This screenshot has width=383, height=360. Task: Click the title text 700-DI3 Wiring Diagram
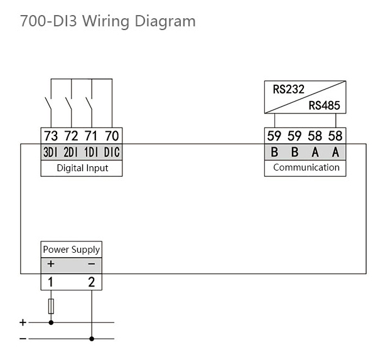(107, 21)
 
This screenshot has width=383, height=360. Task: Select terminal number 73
(51, 136)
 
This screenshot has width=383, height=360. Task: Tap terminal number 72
(71, 136)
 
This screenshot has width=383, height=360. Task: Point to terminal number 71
(92, 136)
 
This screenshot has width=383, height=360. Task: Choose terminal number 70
(112, 136)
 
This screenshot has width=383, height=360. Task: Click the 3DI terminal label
(51, 152)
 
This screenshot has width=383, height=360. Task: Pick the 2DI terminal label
(71, 152)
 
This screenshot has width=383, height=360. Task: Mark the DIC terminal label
(112, 152)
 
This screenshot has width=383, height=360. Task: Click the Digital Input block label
(82, 168)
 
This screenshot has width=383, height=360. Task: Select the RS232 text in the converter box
(288, 90)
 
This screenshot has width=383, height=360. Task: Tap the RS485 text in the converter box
(324, 105)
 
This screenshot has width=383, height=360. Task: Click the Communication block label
(306, 167)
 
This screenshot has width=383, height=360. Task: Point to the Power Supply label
(71, 250)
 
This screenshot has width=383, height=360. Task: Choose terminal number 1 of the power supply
(51, 282)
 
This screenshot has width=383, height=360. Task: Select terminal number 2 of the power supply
(92, 282)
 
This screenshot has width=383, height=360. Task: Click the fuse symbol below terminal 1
(51, 306)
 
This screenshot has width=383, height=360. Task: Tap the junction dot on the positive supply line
(51, 323)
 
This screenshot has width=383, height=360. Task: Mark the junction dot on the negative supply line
(92, 339)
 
